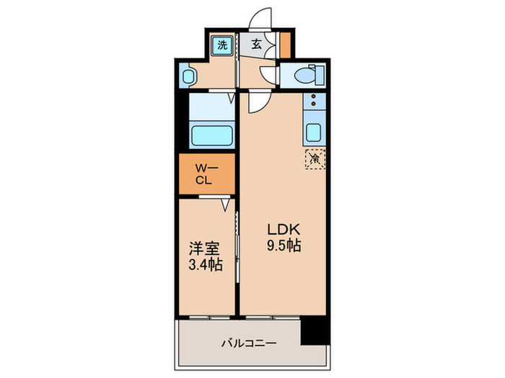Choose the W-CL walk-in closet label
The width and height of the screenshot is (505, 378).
tap(205, 175)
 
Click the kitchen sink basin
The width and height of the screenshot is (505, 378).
tap(314, 132)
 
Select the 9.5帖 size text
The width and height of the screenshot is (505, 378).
tap(283, 246)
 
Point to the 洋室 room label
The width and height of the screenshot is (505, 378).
tap(203, 248)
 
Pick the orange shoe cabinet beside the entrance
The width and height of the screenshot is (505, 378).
tap(286, 45)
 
